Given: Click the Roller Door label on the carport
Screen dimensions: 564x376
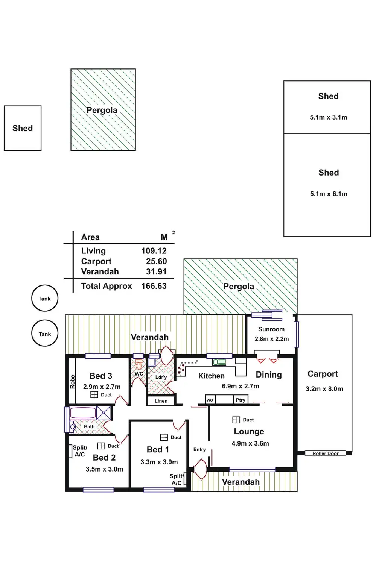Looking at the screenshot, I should [325, 453].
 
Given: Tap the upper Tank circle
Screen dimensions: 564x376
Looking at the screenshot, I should [45, 299].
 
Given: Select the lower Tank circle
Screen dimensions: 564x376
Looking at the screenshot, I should [45, 334].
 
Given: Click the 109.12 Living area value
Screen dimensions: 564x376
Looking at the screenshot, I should [154, 251].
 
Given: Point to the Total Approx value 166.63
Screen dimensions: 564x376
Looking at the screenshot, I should [154, 286].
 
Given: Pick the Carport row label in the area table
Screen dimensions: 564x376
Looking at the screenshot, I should [96, 261].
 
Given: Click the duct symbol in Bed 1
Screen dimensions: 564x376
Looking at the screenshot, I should [164, 437].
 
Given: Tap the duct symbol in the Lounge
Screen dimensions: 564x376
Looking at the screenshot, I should [236, 420].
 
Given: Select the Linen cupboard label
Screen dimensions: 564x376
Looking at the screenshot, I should [161, 401].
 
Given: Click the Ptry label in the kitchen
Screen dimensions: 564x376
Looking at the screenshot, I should [241, 400].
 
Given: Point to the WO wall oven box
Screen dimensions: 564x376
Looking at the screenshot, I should [210, 400].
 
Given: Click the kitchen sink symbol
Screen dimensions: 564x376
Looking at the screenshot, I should [219, 362].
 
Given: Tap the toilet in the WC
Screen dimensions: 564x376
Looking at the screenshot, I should [139, 365].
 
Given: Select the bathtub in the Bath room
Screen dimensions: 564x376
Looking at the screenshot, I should [83, 413].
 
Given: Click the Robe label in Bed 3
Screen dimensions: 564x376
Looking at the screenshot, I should [72, 382].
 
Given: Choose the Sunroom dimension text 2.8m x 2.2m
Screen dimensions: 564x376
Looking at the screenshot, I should [272, 339].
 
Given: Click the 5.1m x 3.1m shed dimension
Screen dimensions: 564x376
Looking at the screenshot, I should [329, 117].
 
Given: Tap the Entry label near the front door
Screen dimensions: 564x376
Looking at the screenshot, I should [199, 449].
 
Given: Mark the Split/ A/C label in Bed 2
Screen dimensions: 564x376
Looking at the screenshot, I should [80, 451].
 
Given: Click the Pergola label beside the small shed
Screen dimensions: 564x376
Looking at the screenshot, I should [102, 110].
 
